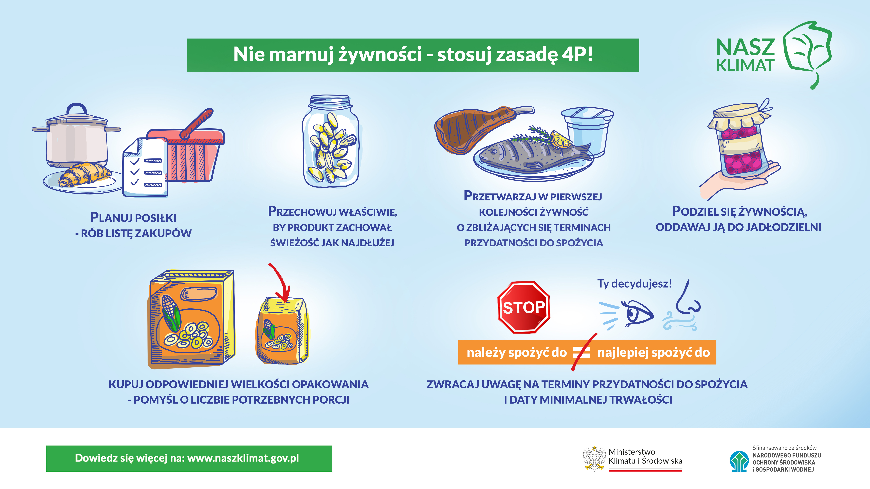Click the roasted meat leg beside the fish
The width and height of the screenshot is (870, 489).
(x=480, y=128)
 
